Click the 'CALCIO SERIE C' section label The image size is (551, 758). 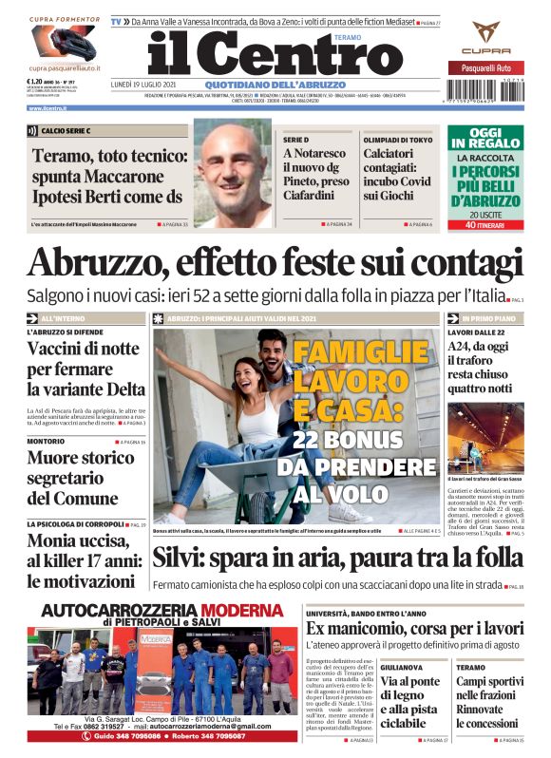pyautogui.click(x=66, y=130)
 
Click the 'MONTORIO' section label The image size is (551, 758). pyautogui.click(x=46, y=442)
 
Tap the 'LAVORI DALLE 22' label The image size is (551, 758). pyautogui.click(x=476, y=332)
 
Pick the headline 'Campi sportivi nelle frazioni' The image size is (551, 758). pyautogui.click(x=489, y=691)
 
